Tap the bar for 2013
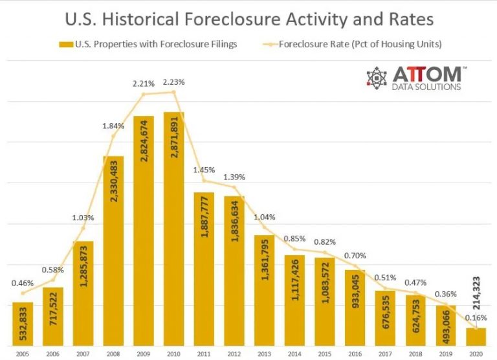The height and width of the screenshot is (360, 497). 264,288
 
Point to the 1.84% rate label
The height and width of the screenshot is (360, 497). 114,125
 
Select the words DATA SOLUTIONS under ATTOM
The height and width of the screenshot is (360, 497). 427,87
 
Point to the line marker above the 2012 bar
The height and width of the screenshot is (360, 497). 234,188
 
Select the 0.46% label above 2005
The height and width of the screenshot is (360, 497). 23,283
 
